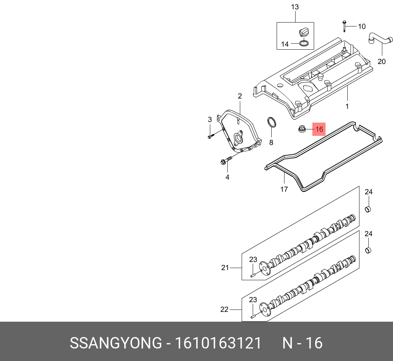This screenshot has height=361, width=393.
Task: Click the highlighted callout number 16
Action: [x=319, y=129]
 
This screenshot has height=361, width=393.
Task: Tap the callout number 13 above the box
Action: [x=295, y=7]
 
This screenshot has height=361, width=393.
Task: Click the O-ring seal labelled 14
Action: [x=304, y=44]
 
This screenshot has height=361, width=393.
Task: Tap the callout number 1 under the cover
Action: [x=347, y=106]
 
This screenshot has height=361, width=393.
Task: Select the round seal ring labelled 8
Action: [x=272, y=123]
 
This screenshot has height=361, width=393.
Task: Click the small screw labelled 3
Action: [x=211, y=135]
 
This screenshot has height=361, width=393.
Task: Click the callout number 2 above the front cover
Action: [x=240, y=96]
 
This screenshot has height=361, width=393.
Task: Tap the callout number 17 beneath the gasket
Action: [x=284, y=189]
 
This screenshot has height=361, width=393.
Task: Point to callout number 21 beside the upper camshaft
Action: [x=225, y=267]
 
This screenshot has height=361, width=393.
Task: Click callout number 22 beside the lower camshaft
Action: [x=224, y=310]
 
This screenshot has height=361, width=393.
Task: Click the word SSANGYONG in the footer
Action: [x=115, y=343]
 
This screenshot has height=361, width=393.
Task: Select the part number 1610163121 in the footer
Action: [x=218, y=343]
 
